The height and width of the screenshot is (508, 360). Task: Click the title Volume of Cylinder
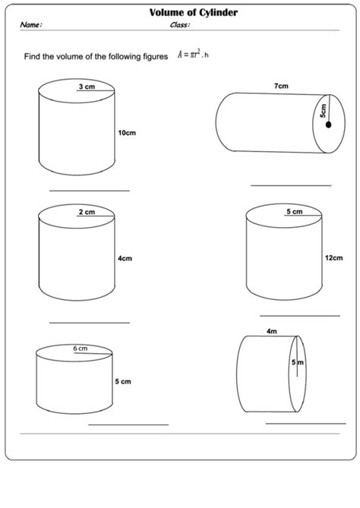pos(194,13)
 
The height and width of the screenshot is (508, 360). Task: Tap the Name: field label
pos(31,24)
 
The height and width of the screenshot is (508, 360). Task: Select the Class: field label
pos(180,24)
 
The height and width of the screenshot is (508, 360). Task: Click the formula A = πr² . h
pos(193,54)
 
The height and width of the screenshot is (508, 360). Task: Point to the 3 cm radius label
pos(87,87)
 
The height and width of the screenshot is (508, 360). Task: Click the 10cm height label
pos(127,133)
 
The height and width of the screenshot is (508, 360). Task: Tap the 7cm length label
pos(281,86)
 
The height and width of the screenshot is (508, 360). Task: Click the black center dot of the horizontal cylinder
pos(329,125)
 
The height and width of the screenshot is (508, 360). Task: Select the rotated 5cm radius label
pos(324,110)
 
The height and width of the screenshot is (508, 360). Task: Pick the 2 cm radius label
pos(87,212)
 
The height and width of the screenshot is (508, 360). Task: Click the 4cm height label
pos(125,258)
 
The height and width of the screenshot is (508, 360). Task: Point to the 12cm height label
pos(333,258)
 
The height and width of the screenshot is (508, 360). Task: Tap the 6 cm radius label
pos(80,349)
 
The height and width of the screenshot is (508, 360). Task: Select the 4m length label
pos(272,331)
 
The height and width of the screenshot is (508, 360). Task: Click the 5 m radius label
pos(298,362)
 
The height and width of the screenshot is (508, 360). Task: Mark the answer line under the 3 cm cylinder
pos(90,191)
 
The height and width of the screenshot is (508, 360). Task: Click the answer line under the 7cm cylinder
pos(291,185)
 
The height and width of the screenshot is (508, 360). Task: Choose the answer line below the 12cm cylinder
pos(300,316)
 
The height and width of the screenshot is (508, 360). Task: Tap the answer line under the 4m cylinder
pos(305,424)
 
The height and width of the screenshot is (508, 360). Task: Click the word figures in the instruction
pos(156,57)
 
